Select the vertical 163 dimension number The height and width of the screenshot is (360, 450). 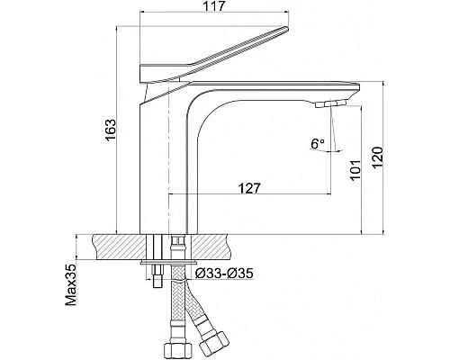click(x=111, y=130)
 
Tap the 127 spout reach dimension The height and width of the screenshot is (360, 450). click(x=249, y=189)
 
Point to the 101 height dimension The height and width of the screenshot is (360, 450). click(x=355, y=170)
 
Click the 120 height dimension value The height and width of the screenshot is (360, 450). click(x=378, y=157)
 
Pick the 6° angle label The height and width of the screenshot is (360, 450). click(x=318, y=144)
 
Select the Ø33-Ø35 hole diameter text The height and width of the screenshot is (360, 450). click(x=224, y=274)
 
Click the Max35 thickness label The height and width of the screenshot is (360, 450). click(x=71, y=285)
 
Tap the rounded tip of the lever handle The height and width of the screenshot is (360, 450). click(x=286, y=29)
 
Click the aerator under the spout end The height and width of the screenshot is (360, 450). click(x=330, y=103)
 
